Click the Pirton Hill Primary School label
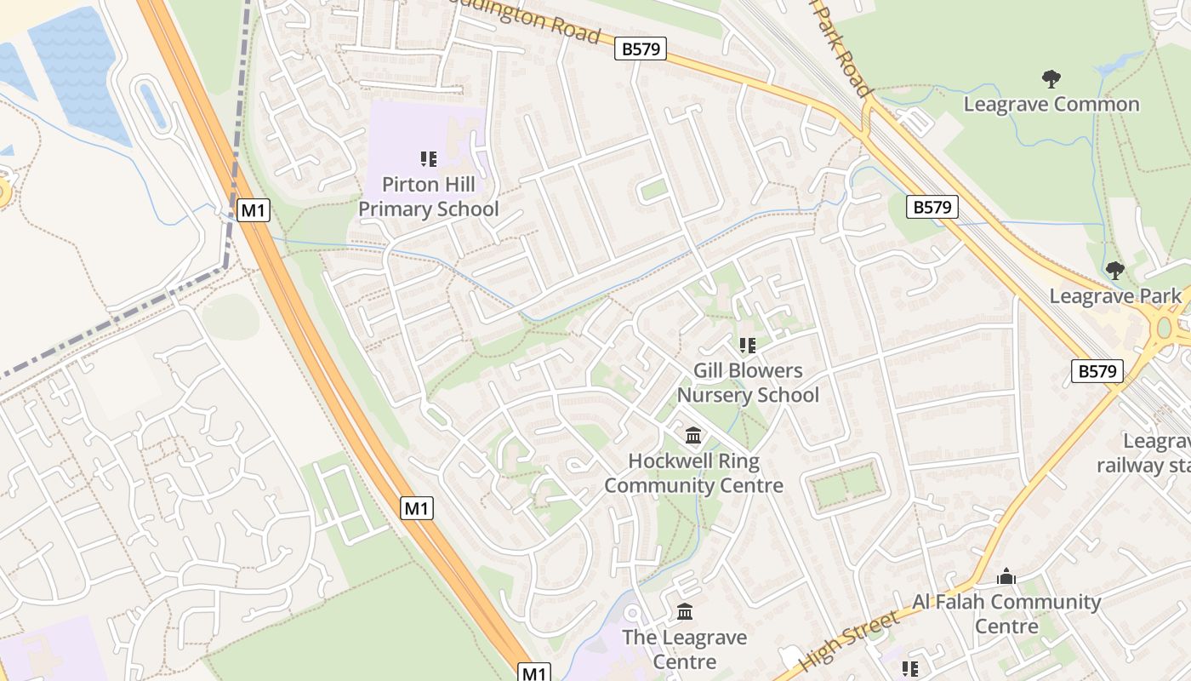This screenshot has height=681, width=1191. click(x=428, y=197)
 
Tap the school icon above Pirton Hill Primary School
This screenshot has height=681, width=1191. click(x=428, y=158)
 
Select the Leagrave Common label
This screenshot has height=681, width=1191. click(x=1051, y=105)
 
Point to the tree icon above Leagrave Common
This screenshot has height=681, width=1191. click(x=1051, y=79)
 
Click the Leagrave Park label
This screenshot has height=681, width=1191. click(x=1114, y=296)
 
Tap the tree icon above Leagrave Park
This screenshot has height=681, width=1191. click(x=1114, y=271)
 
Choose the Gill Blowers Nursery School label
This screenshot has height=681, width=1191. click(x=748, y=383)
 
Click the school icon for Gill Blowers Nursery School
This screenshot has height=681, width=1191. click(x=748, y=345)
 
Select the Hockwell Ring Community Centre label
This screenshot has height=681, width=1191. click(x=693, y=473)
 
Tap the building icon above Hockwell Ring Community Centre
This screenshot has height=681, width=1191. click(x=693, y=436)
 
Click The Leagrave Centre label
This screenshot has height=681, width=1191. click(x=684, y=650)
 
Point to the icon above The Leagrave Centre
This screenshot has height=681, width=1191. click(x=685, y=611)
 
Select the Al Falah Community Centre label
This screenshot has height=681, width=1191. click(x=1006, y=614)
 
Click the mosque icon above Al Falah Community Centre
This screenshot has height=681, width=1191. click(x=1006, y=576)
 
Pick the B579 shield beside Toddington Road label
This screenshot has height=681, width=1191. click(x=641, y=49)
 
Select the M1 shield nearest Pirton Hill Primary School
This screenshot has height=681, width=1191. click(x=254, y=210)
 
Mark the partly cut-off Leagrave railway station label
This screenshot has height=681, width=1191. click(x=1144, y=454)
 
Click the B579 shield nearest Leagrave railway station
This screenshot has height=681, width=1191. click(x=1097, y=371)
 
